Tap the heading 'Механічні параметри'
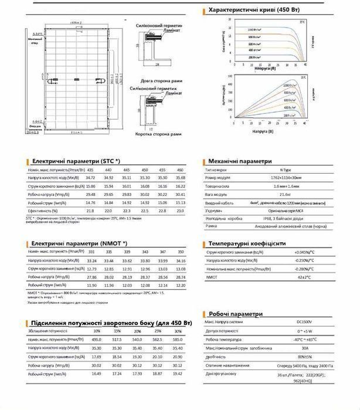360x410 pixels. click(x=240, y=160)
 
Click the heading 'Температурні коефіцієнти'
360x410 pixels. click(x=247, y=243)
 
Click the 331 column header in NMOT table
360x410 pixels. click(x=91, y=251)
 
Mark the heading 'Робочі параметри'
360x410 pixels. click(x=237, y=313)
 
